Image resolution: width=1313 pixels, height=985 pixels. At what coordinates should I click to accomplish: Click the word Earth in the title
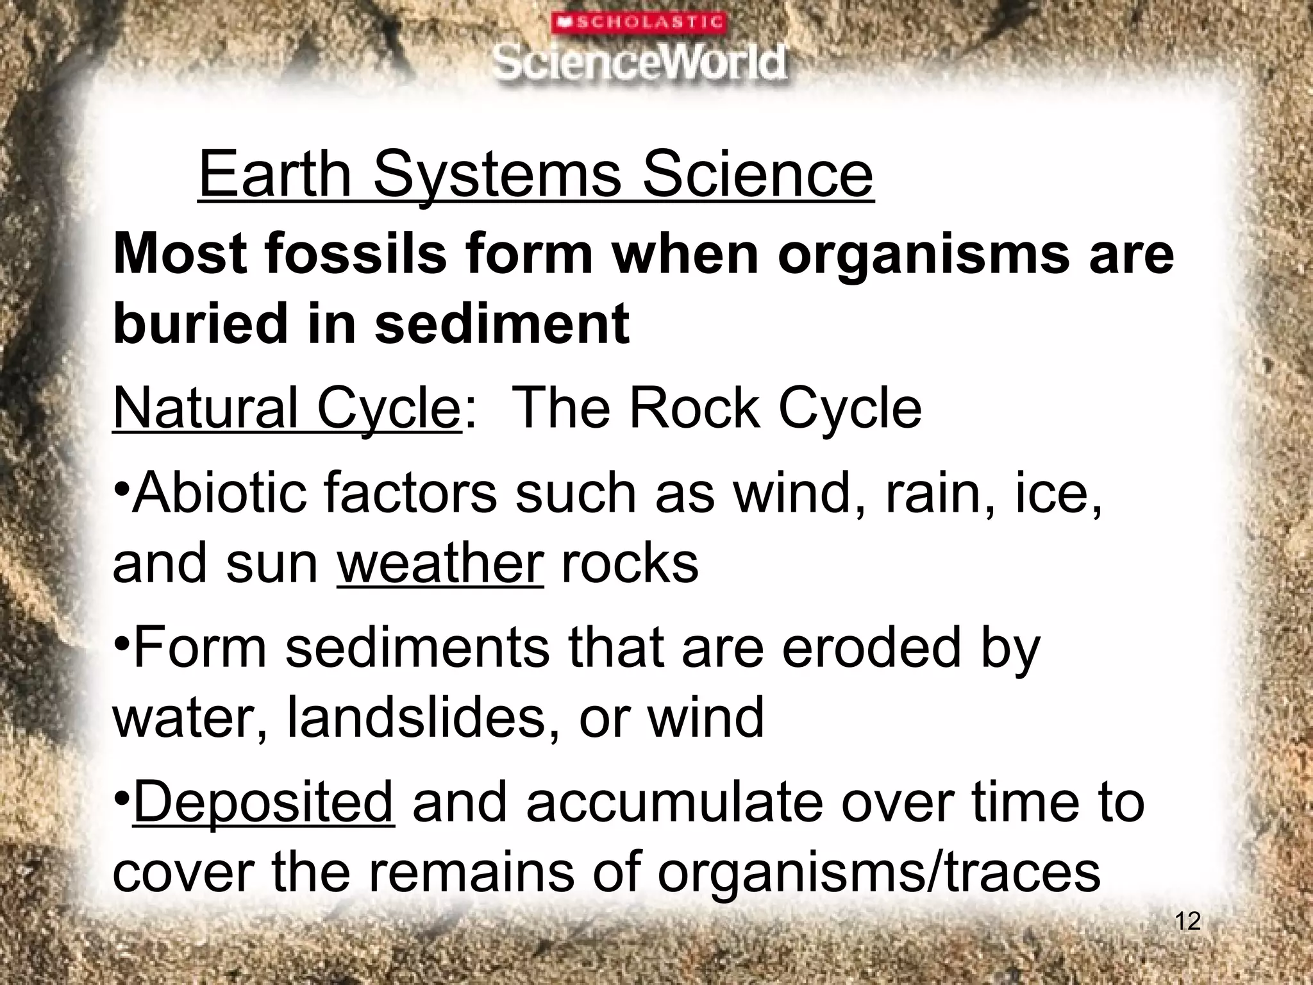276,174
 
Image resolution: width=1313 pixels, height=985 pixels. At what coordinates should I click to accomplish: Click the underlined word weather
440,564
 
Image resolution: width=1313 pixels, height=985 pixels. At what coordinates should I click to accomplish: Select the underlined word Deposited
263,802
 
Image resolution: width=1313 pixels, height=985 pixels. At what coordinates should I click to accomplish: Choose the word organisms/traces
878,872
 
